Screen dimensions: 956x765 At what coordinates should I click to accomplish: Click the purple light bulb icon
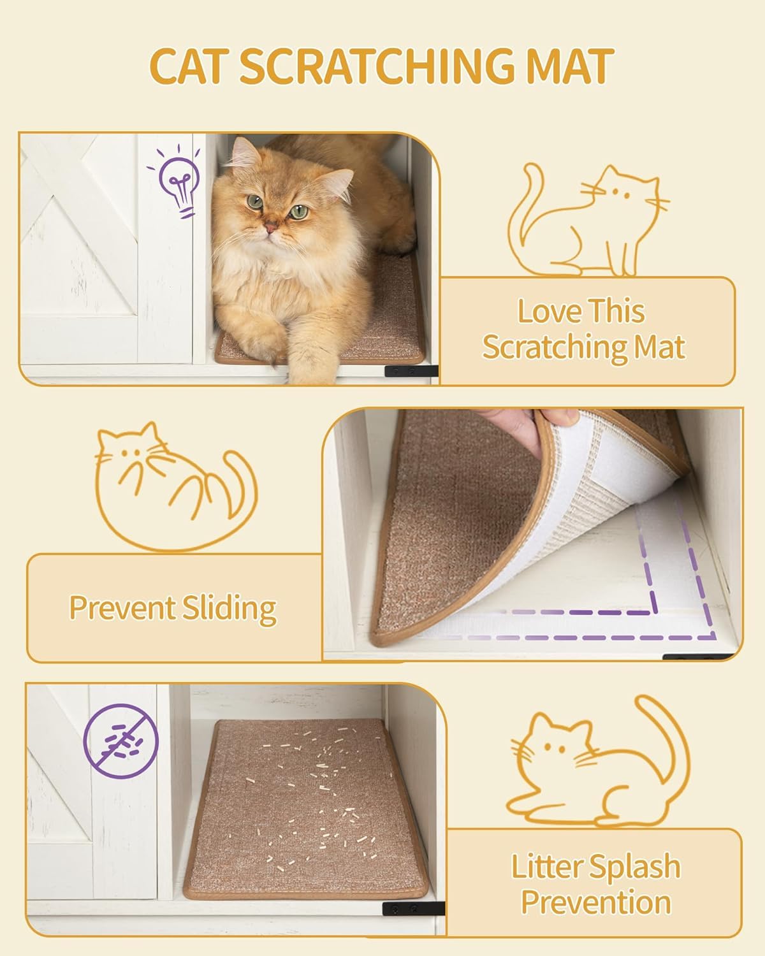pyautogui.click(x=178, y=182)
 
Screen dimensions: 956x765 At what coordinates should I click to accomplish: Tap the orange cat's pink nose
pyautogui.click(x=272, y=226)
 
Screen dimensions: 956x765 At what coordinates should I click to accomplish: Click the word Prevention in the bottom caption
pyautogui.click(x=595, y=903)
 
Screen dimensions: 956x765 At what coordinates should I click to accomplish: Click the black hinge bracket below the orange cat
pyautogui.click(x=411, y=371)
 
